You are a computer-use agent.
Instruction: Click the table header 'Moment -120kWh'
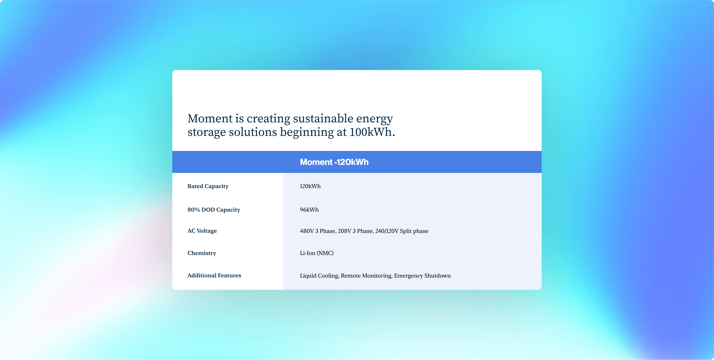coord(334,162)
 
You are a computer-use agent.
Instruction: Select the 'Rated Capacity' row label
coord(208,186)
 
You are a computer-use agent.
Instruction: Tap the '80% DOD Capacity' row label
coord(214,209)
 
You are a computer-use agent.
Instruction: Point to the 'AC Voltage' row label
coord(202,231)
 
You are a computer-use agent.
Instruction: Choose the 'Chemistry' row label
coord(202,253)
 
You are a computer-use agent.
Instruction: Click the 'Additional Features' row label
coord(214,275)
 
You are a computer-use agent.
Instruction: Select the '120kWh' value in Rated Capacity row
coord(310,186)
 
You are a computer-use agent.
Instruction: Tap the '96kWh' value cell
coord(309,209)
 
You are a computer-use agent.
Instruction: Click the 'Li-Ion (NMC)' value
coord(317,253)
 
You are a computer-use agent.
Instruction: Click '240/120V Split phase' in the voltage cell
coord(402,231)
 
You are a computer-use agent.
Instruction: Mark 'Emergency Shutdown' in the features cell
coord(422,276)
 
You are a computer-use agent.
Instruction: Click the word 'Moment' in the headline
coord(210,118)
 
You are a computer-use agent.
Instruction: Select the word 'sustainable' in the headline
coord(323,118)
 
